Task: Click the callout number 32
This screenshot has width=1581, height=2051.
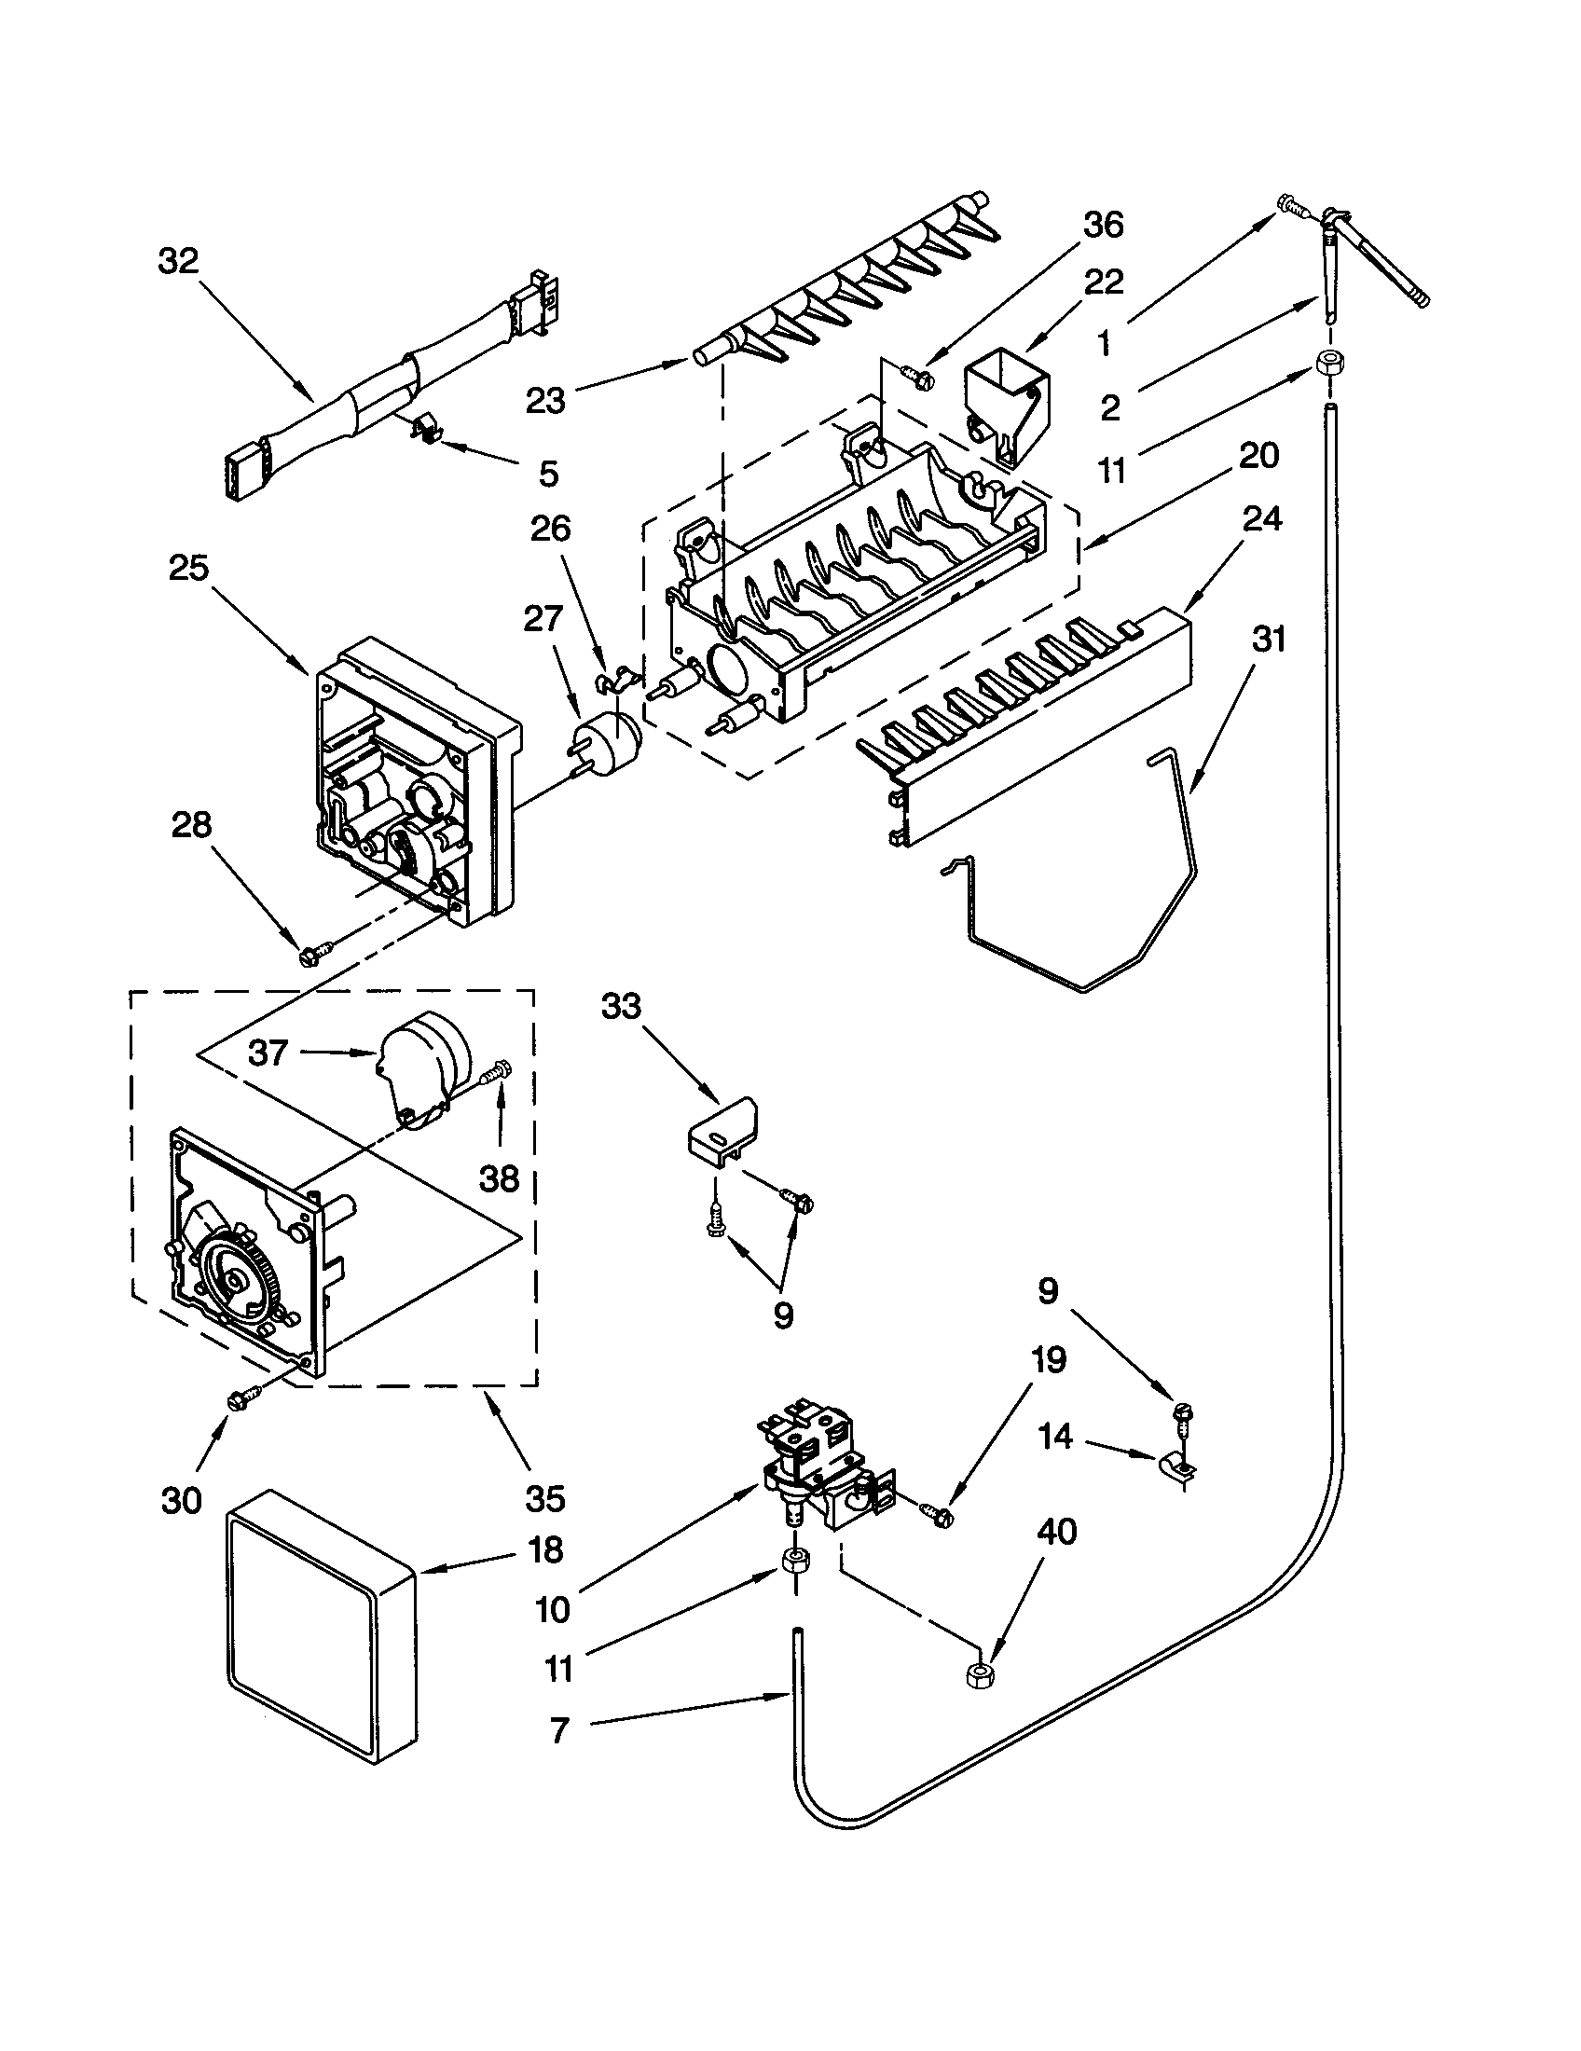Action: click(178, 261)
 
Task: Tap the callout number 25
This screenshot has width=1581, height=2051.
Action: click(187, 567)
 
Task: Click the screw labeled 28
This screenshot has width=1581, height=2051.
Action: click(309, 956)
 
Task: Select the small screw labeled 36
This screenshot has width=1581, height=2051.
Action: click(915, 375)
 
